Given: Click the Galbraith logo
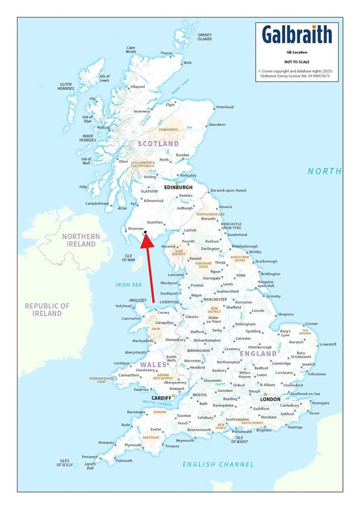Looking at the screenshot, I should click(297, 35).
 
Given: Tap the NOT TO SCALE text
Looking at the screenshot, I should click(296, 62).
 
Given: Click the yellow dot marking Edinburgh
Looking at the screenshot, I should click(177, 183).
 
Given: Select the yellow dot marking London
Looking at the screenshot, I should click(265, 395).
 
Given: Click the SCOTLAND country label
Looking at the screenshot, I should click(158, 144).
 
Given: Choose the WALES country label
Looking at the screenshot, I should click(153, 364).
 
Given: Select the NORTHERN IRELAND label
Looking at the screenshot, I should click(81, 240).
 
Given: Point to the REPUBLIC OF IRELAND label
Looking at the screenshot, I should click(47, 310).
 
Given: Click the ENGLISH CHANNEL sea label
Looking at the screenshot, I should click(218, 464).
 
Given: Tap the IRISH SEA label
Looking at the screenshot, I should click(129, 285).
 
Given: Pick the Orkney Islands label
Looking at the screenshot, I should click(204, 37).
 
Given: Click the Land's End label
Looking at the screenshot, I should click(90, 466).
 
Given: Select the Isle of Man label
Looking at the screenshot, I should click(129, 257).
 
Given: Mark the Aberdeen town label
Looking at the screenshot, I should click(217, 125).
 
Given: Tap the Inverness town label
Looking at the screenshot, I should click(142, 111).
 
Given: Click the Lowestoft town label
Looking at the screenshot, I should click(328, 344).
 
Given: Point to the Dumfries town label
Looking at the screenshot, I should click(156, 223).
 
